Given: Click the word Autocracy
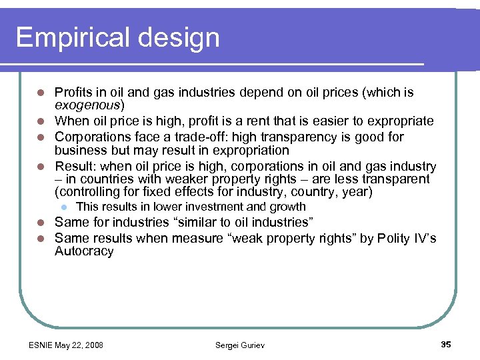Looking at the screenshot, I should (x=84, y=251).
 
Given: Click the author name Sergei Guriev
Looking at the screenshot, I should (x=240, y=345).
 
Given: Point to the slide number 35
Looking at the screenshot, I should (x=446, y=344).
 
